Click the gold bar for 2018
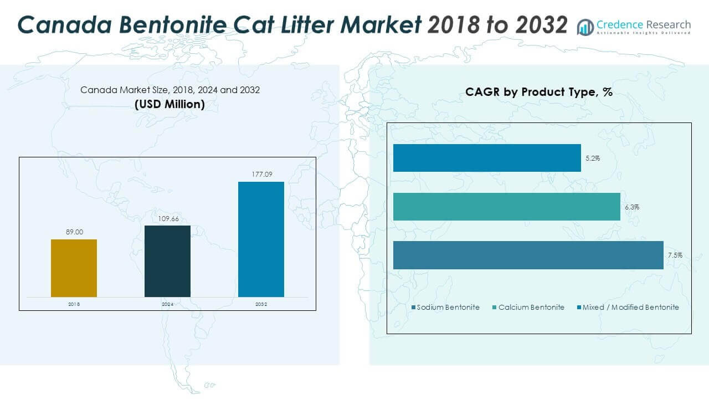[74, 268]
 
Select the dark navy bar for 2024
[167, 261]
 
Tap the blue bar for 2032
[261, 239]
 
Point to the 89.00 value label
[74, 232]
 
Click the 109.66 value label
[167, 218]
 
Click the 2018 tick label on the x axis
[74, 304]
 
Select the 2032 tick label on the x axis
[261, 304]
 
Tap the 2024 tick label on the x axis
[167, 304]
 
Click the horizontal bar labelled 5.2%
[487, 158]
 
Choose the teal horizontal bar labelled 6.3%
[506, 207]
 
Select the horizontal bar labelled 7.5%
[528, 255]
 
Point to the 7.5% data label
[675, 255]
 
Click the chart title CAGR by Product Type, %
[538, 93]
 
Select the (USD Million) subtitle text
[169, 104]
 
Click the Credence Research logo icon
[585, 27]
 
